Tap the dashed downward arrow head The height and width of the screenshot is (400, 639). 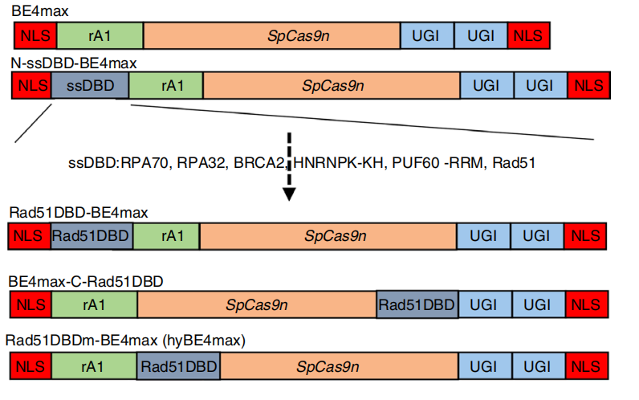[x=290, y=194]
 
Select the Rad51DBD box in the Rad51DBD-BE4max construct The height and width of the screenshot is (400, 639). [x=92, y=235]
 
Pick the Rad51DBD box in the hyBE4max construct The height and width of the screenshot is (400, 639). [x=178, y=366]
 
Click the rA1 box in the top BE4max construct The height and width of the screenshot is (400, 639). [x=100, y=35]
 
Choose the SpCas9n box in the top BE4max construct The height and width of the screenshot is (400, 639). [x=271, y=35]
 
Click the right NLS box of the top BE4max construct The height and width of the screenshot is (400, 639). [x=528, y=35]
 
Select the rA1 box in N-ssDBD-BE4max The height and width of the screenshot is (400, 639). [x=166, y=85]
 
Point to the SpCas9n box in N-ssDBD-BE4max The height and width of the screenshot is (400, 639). [x=331, y=85]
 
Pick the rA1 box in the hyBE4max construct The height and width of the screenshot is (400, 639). [x=93, y=366]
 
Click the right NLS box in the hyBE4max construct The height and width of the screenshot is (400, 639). [x=586, y=366]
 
